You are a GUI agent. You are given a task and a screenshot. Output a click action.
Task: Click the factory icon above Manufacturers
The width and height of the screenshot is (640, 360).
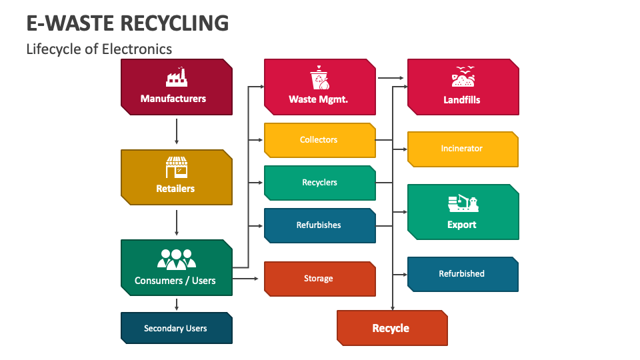(176, 77)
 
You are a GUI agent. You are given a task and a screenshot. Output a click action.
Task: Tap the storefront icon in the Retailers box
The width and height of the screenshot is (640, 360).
(176, 167)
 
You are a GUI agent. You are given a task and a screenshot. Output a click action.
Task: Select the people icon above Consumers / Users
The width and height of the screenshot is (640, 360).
(176, 259)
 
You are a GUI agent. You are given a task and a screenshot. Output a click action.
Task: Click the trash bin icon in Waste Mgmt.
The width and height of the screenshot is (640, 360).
(319, 77)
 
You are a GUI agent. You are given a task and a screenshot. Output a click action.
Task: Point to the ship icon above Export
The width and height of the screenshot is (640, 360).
(463, 203)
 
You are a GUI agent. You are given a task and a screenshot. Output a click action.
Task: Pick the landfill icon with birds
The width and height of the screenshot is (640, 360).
(463, 77)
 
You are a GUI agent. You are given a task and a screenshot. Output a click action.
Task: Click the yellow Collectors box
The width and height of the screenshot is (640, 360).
(319, 140)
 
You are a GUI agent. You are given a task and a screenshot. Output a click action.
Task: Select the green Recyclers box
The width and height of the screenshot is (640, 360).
(319, 183)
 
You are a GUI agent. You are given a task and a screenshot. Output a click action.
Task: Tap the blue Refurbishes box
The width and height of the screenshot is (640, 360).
(319, 225)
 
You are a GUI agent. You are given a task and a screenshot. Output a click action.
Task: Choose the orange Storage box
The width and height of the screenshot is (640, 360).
(319, 279)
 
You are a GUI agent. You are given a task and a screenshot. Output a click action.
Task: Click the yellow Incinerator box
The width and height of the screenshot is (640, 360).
(463, 149)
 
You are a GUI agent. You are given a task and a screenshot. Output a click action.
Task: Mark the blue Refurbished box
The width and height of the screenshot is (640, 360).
(463, 274)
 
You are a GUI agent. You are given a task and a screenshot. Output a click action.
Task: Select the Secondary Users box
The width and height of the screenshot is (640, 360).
(176, 328)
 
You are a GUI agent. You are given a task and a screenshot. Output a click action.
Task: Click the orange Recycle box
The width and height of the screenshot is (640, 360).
(391, 328)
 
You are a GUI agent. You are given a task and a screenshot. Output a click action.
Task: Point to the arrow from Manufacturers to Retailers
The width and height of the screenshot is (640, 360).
(176, 131)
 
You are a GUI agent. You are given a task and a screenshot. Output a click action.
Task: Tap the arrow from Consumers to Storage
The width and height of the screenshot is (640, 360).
(247, 278)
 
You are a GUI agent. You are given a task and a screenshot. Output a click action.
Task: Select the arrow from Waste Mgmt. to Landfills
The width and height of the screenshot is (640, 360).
(391, 78)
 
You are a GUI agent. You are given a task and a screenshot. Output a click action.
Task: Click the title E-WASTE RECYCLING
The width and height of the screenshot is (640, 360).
(127, 23)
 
